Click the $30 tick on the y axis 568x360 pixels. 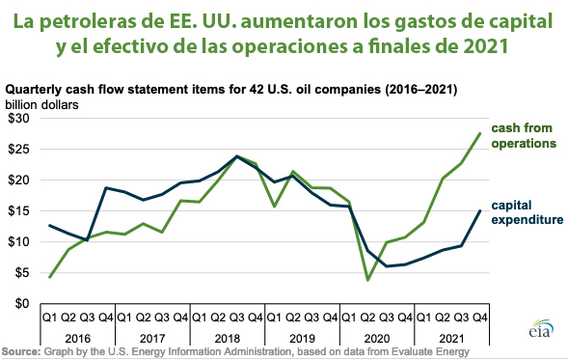click(18, 118)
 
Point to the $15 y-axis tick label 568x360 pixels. click(18, 210)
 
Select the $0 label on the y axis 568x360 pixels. click(22, 303)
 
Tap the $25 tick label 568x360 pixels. click(18, 149)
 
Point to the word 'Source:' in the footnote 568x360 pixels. click(20, 351)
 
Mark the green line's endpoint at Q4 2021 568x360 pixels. click(480, 133)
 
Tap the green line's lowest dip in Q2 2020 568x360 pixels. click(368, 280)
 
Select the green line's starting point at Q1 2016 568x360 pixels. click(49, 277)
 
